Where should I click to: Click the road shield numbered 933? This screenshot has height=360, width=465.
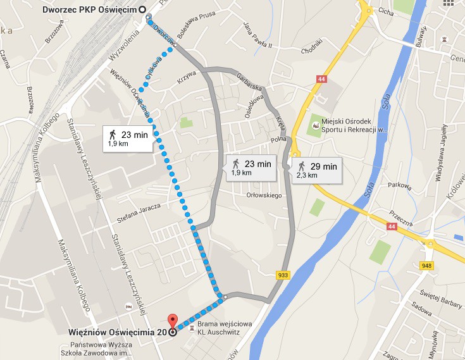pos(283,274)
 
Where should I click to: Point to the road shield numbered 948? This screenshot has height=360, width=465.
pos(425,266)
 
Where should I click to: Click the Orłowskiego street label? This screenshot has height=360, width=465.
pos(264,196)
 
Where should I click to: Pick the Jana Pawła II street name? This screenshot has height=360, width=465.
pos(257,35)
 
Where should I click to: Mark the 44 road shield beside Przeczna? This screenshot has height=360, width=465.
pos(393,227)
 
